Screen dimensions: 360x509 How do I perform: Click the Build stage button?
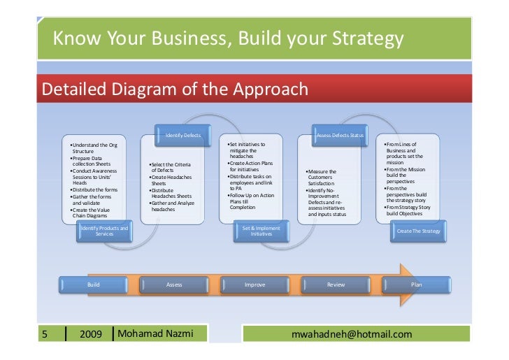coord(93,285)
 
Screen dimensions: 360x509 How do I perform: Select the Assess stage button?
coord(174,285)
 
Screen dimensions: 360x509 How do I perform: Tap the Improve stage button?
coord(254,285)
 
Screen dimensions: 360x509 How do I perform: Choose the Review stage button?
coord(336,285)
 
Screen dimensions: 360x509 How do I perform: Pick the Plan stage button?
coord(416,285)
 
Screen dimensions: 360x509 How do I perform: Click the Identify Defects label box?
coord(183,134)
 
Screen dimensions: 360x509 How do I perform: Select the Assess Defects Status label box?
coord(340,134)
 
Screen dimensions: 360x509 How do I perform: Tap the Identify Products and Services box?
coord(104,231)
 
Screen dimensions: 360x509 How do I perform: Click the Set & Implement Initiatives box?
coord(261,231)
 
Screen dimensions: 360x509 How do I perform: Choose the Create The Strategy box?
coord(418,231)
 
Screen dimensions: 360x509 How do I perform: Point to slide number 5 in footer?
coord(45,334)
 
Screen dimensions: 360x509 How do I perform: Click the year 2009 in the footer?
coord(91,334)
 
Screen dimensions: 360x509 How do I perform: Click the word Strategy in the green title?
coord(363,41)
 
